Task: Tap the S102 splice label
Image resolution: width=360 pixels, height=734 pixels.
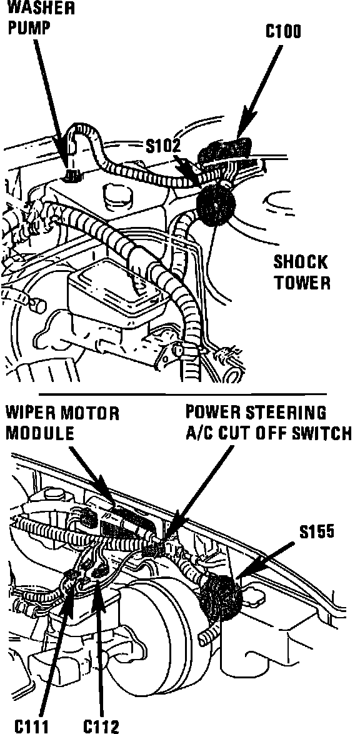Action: click(x=162, y=146)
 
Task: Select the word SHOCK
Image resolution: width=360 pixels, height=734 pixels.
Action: click(x=301, y=262)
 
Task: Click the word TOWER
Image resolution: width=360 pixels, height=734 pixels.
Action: click(x=302, y=283)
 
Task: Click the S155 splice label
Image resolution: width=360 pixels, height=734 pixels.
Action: click(x=316, y=532)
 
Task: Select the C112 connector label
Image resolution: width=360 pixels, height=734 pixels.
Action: click(x=102, y=726)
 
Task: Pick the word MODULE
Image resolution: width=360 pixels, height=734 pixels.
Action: click(x=40, y=433)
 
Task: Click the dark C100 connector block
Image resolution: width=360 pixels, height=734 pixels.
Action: click(x=227, y=151)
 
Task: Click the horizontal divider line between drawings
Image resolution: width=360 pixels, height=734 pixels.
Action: click(x=182, y=393)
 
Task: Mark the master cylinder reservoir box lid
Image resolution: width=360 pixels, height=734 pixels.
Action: click(x=117, y=287)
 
